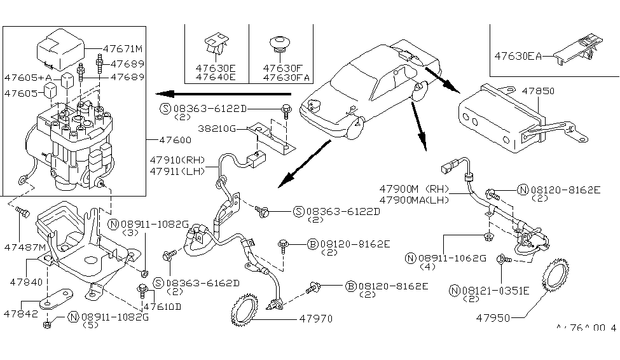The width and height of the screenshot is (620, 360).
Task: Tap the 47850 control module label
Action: [x=538, y=91]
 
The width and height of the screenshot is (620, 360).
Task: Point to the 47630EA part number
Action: [x=518, y=56]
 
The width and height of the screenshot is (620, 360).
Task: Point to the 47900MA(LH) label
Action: [x=414, y=200]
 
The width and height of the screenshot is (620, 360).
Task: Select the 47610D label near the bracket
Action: [x=162, y=306]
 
